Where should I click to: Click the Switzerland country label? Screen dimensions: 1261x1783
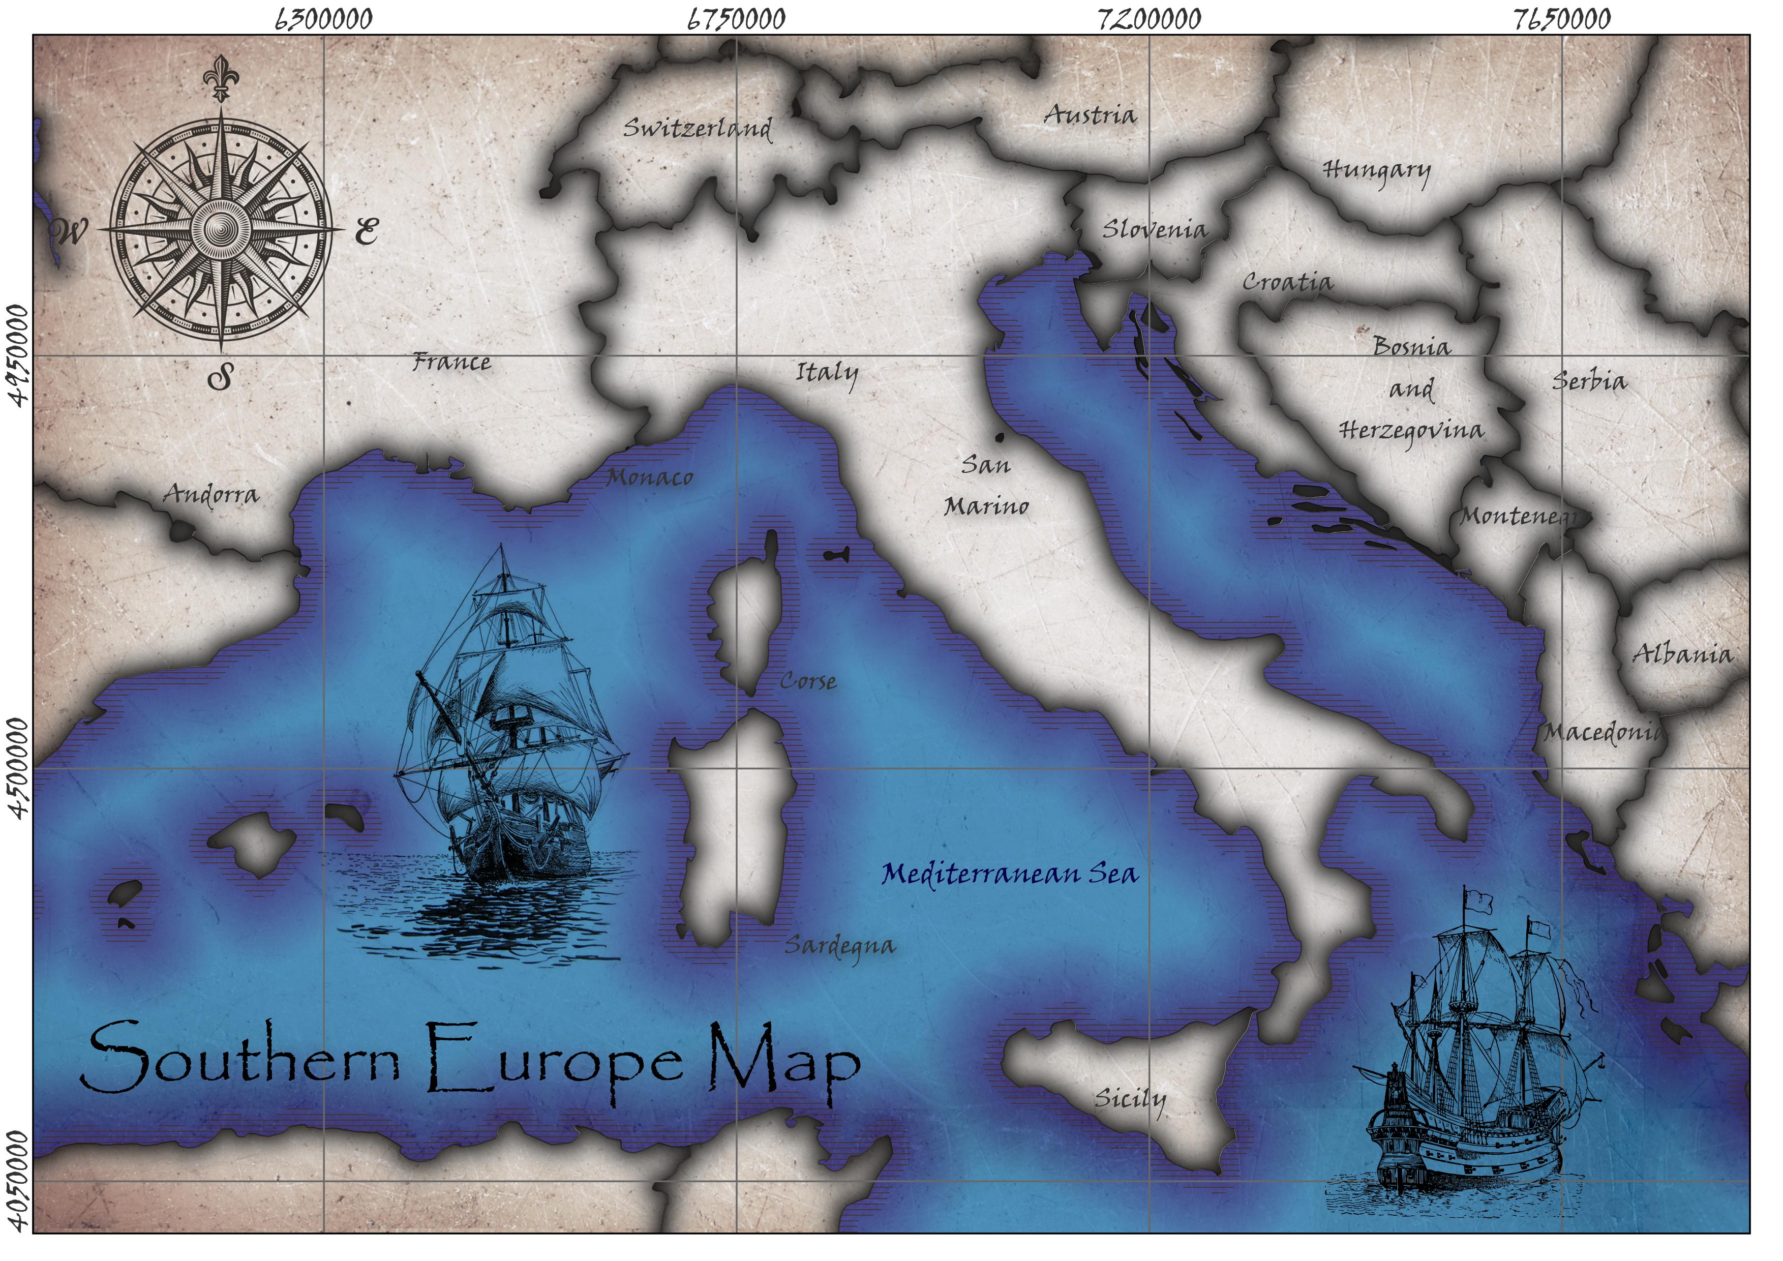[698, 128]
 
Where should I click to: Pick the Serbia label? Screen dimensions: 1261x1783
[1589, 381]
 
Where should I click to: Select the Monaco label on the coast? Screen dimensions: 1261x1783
[649, 477]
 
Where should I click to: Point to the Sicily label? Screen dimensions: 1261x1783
[1130, 1099]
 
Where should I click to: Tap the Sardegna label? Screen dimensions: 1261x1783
[839, 946]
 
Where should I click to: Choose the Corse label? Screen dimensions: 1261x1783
[808, 682]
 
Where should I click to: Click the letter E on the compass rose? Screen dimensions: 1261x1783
[366, 231]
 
